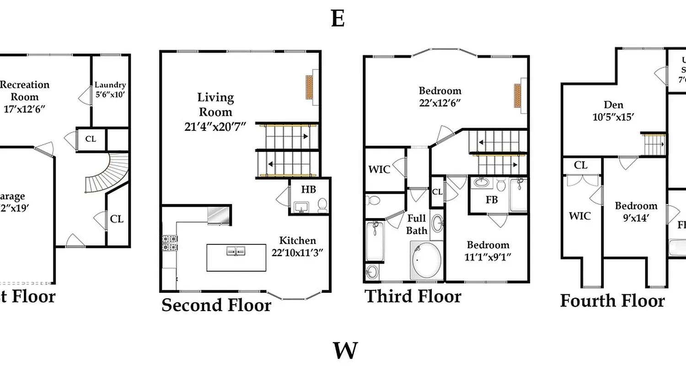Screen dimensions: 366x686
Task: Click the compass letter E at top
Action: click(x=338, y=19)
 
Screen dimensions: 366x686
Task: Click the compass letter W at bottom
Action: click(x=345, y=351)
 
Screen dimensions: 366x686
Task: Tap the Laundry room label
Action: click(x=110, y=85)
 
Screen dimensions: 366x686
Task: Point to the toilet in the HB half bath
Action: click(x=322, y=204)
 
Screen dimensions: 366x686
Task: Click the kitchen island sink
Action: click(x=236, y=251)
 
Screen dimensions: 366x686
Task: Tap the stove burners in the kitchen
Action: click(x=170, y=242)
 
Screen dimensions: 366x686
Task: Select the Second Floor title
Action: click(x=216, y=305)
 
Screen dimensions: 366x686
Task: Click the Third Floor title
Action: click(x=413, y=296)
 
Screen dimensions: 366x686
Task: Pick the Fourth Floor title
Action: click(x=612, y=301)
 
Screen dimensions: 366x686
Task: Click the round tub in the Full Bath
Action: click(x=427, y=261)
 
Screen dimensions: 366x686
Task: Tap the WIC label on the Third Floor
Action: click(x=379, y=170)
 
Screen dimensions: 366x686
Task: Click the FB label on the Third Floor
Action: click(x=491, y=200)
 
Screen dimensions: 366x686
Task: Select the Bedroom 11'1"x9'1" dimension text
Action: click(x=488, y=257)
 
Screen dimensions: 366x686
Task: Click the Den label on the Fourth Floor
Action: click(x=613, y=105)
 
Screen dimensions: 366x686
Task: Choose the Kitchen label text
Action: click(x=297, y=241)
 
